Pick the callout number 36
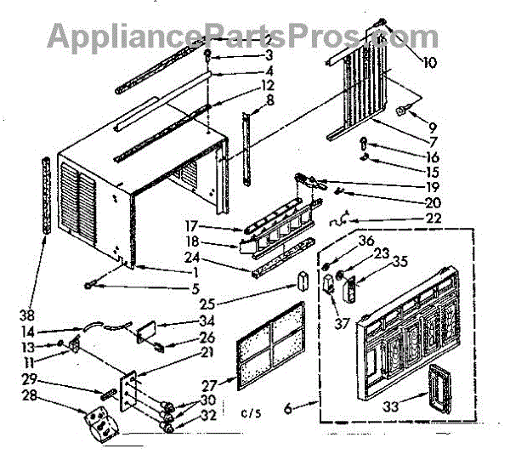[x=343, y=241]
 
